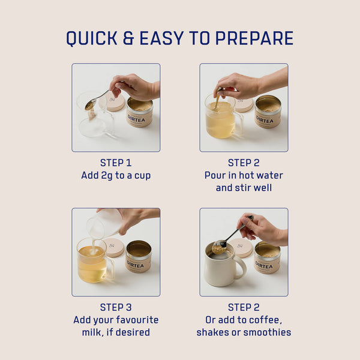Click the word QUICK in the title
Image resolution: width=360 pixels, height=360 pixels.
(x=92, y=38)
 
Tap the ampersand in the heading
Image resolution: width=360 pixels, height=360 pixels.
(x=128, y=38)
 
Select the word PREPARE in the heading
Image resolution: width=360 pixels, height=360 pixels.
(x=254, y=38)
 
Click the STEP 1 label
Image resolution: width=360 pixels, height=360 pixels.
(x=116, y=163)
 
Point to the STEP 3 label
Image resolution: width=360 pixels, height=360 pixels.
(x=116, y=307)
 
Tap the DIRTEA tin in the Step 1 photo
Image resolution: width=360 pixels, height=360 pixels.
(x=139, y=112)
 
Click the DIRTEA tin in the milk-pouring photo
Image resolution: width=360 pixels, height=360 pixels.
(x=139, y=257)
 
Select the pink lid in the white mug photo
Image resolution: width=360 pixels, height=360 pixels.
(x=241, y=248)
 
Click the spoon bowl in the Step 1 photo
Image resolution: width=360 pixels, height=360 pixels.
(x=91, y=104)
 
